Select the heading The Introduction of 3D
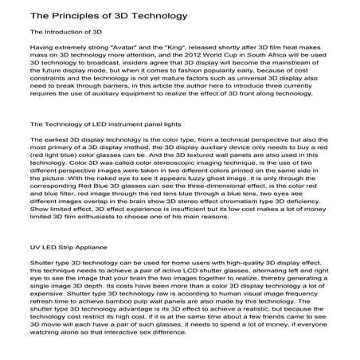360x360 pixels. [62, 33]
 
